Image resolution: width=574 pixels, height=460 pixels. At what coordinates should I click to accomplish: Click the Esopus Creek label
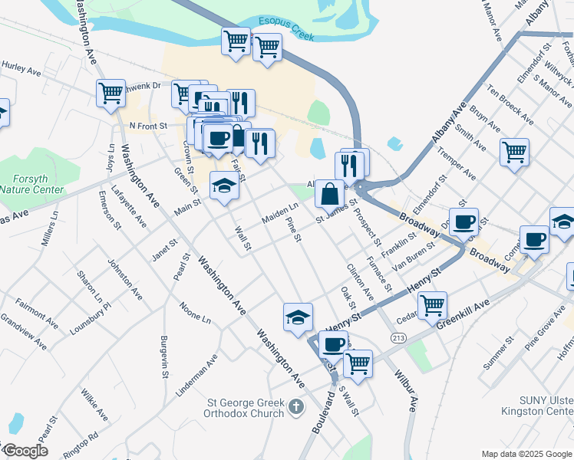288,28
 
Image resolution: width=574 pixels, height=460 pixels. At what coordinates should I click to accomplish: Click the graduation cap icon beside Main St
223,186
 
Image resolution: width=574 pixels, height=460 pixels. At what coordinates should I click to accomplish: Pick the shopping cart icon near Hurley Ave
111,93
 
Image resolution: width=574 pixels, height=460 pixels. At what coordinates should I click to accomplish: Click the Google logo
25,451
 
